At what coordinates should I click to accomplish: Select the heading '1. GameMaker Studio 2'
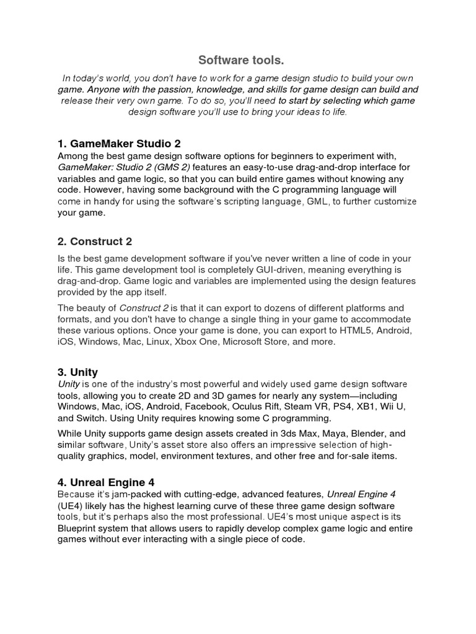(x=119, y=143)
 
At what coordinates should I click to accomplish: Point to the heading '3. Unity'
(x=77, y=372)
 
